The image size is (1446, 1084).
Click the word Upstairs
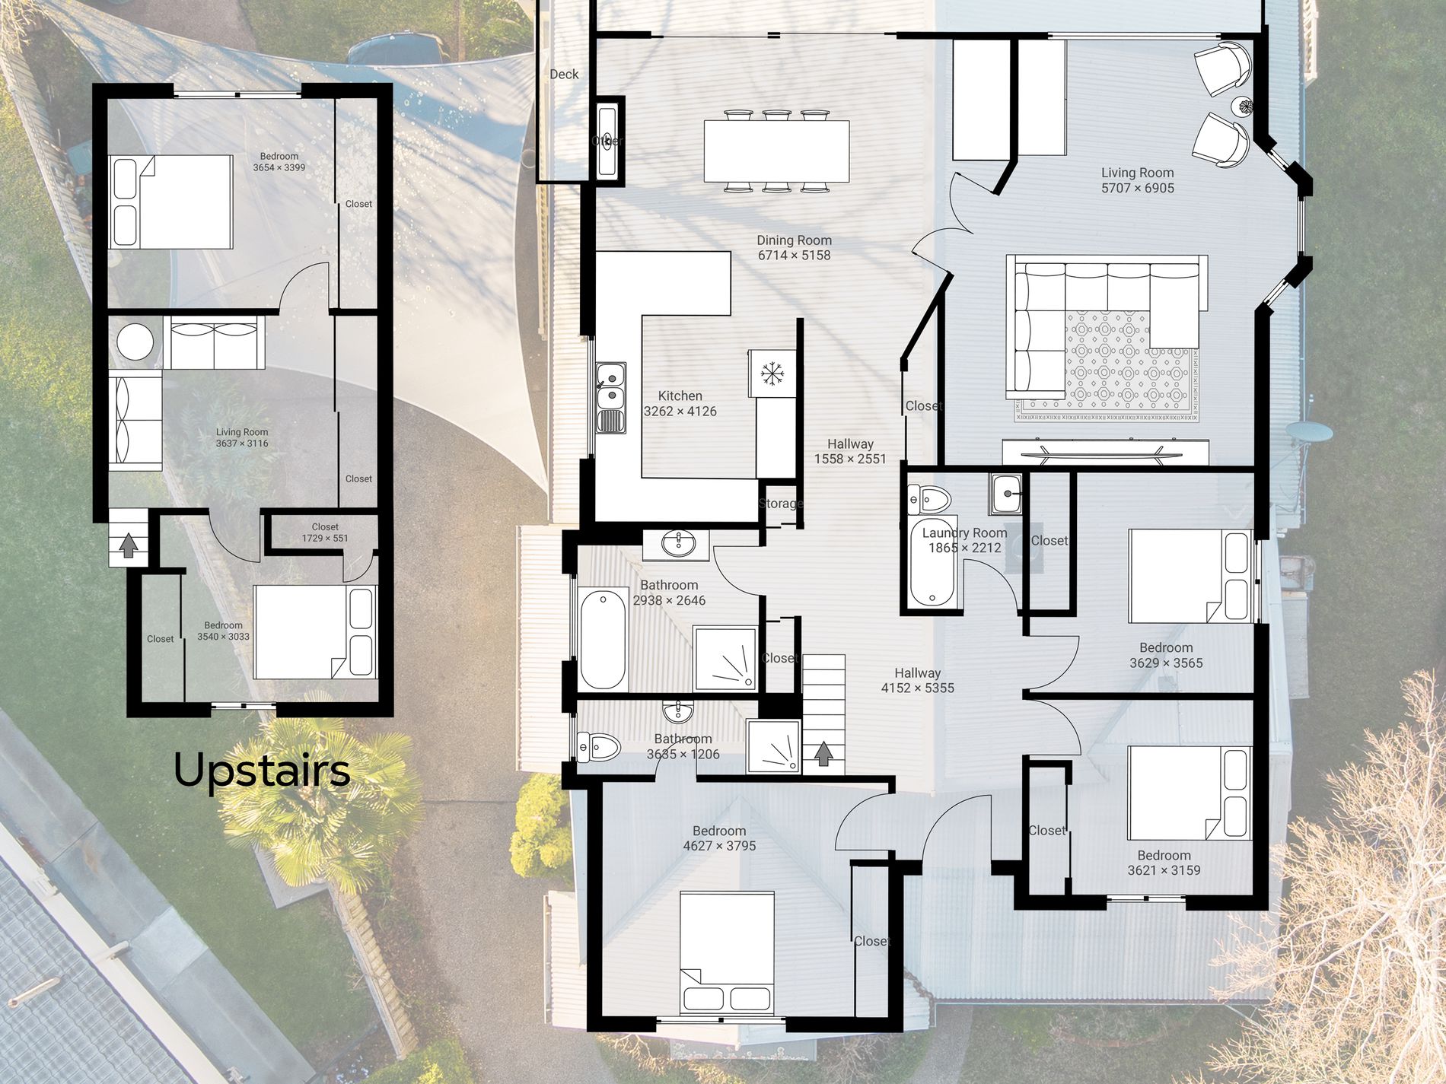click(262, 771)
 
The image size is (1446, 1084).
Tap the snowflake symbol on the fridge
click(772, 374)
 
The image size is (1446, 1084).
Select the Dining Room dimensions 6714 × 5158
click(794, 256)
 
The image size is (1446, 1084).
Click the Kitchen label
click(680, 396)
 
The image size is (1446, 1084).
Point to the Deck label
click(564, 74)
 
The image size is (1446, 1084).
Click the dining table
click(776, 151)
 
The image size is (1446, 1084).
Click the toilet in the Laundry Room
click(929, 499)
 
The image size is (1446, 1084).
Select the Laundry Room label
click(964, 533)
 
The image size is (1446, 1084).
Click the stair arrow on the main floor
click(823, 753)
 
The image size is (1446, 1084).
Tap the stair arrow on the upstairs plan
click(129, 544)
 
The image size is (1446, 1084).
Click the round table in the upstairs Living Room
click(135, 342)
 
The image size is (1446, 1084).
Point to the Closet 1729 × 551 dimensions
click(325, 539)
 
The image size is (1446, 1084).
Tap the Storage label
click(781, 504)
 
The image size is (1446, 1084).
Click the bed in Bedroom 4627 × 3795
click(728, 952)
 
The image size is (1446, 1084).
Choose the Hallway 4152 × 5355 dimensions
click(917, 688)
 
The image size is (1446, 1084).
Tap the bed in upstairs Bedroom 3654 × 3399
click(170, 202)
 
